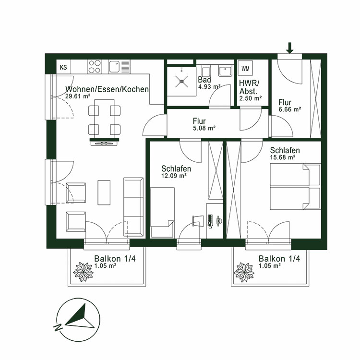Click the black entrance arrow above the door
[x=289, y=47]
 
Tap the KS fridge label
[x=63, y=67]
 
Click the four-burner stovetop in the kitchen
[x=95, y=66]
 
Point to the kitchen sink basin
[x=114, y=66]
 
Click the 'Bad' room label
[x=204, y=79]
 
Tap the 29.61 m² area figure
[x=78, y=96]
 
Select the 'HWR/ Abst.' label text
[x=248, y=86]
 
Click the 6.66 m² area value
[x=290, y=109]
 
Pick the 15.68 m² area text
[x=282, y=157]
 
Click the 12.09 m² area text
[x=174, y=176]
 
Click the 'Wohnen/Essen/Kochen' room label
[x=107, y=89]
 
